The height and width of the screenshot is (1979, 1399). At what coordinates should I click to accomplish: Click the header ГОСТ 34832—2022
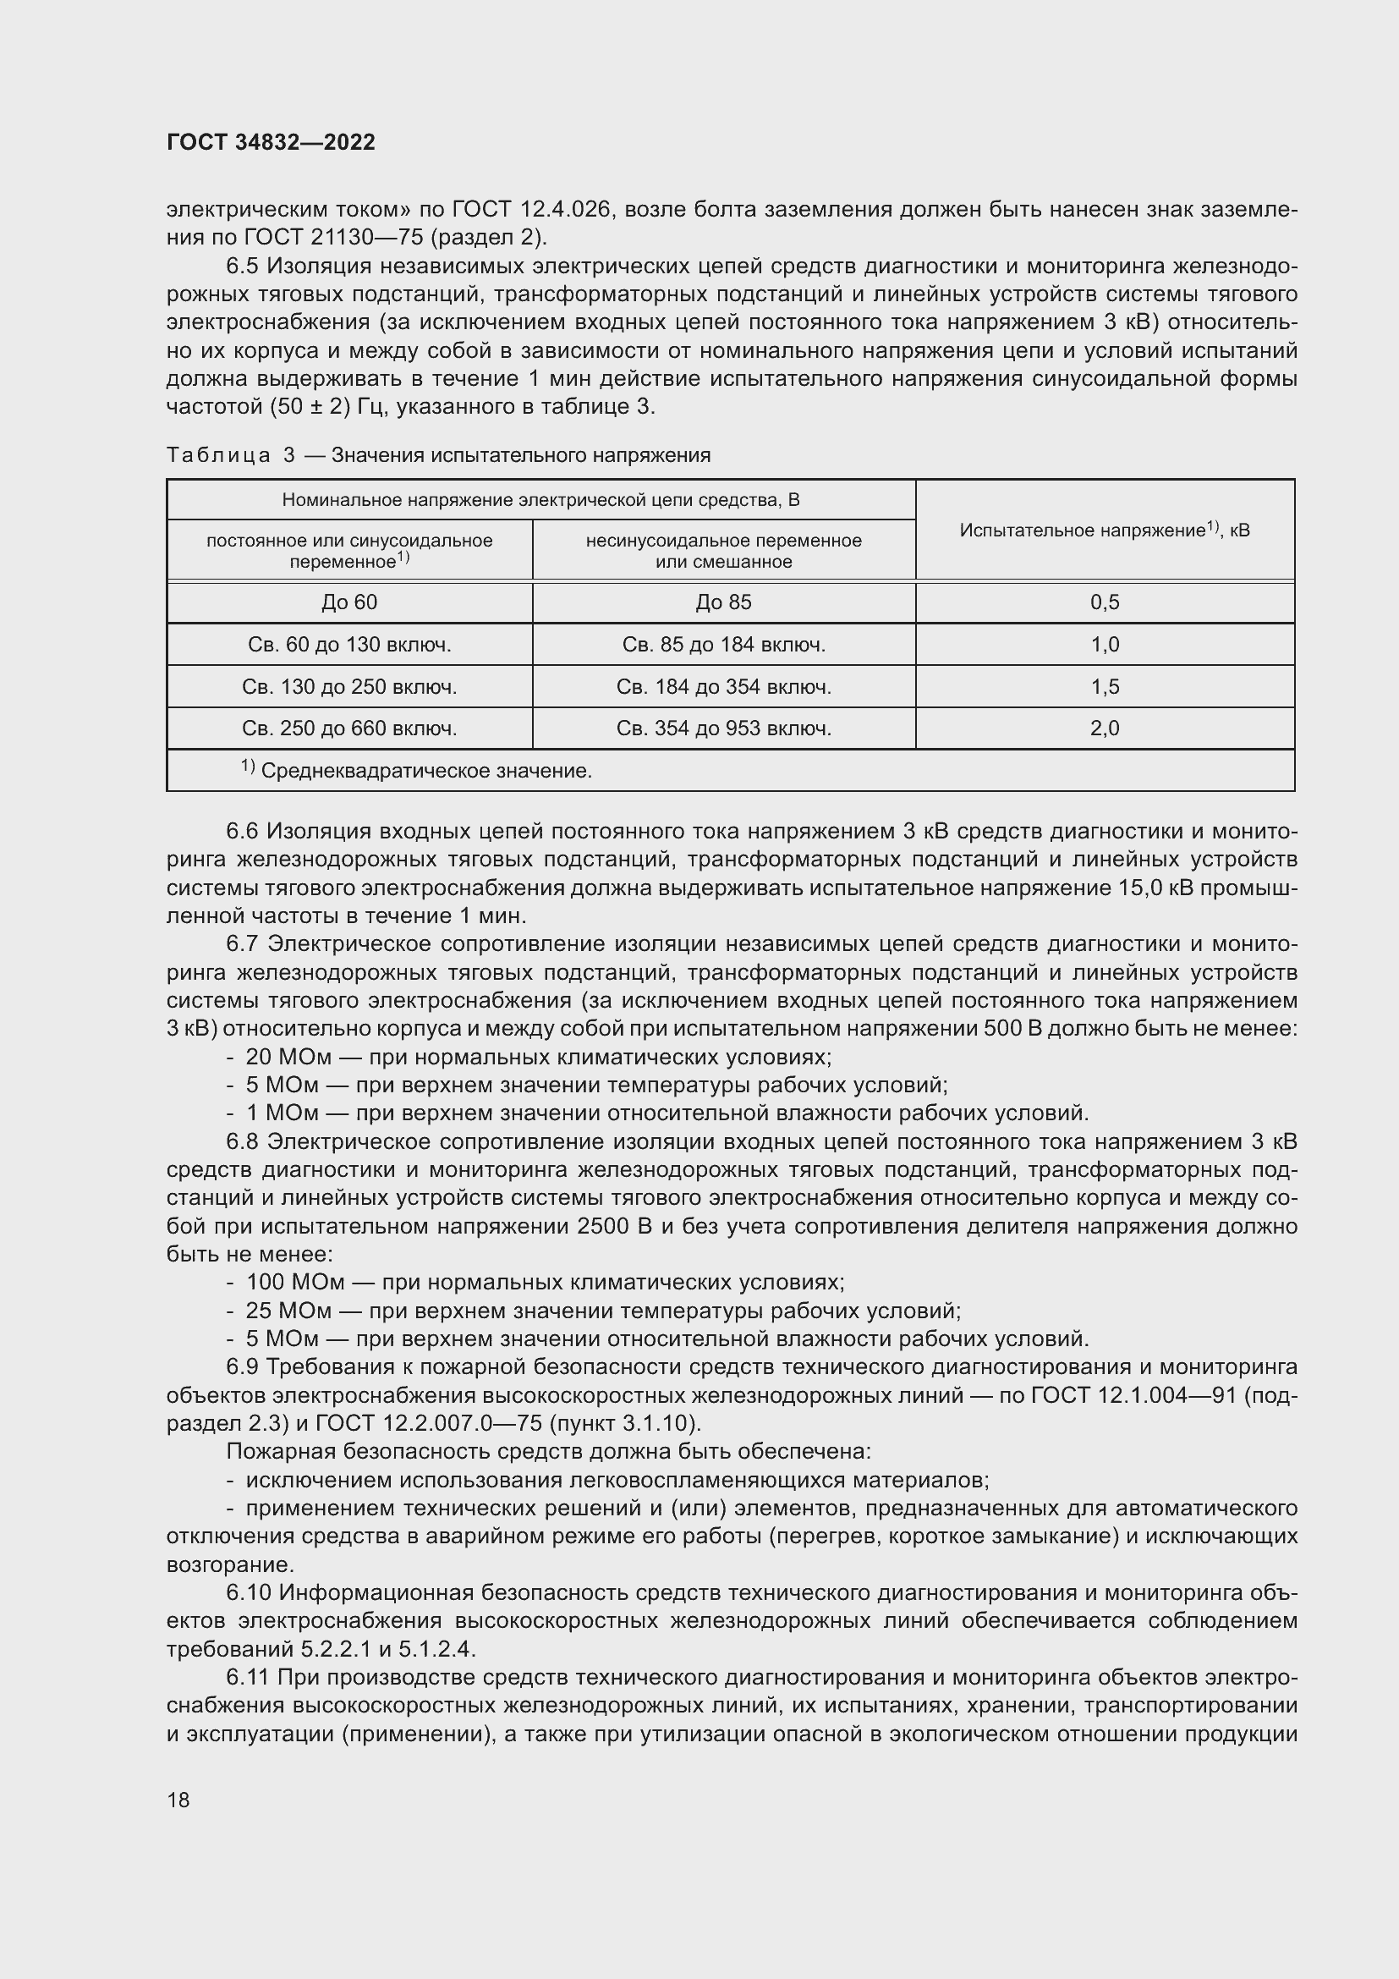[x=271, y=142]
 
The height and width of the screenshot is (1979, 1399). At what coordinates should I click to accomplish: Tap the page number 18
[x=178, y=1800]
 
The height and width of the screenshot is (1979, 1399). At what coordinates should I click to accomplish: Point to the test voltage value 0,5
[x=1105, y=602]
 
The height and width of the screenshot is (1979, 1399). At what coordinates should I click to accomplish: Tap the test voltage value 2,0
[x=1105, y=729]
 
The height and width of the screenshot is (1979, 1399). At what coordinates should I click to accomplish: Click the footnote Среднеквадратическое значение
[x=425, y=772]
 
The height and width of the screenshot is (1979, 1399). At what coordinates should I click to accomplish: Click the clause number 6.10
[x=249, y=1593]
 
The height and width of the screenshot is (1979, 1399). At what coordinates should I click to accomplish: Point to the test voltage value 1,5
[x=1105, y=687]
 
